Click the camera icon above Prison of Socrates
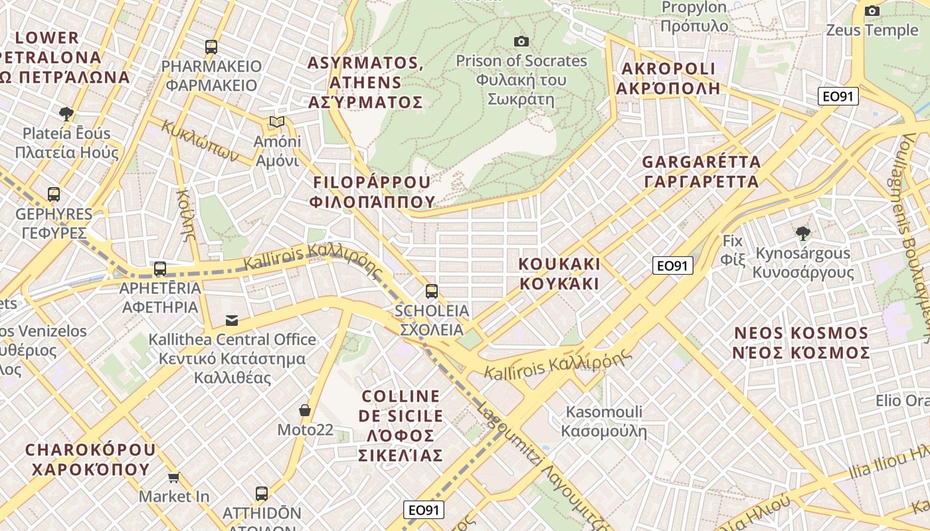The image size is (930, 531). click(521, 42)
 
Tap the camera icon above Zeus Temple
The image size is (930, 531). click(872, 11)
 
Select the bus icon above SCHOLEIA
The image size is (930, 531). click(432, 291)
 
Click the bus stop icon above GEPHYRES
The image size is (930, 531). click(54, 194)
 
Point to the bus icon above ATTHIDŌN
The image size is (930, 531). click(262, 494)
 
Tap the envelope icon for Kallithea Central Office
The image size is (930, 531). click(231, 321)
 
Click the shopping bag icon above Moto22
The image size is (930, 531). click(305, 410)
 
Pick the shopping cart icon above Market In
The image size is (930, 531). click(174, 477)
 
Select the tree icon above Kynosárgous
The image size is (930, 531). click(803, 233)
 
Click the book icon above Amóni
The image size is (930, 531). click(277, 122)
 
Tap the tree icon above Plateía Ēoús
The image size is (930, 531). click(66, 114)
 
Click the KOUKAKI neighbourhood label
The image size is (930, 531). click(559, 273)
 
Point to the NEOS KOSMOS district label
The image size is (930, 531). click(801, 342)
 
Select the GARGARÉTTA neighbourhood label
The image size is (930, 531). click(700, 171)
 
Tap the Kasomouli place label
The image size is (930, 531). click(604, 421)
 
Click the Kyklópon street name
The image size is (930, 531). click(200, 141)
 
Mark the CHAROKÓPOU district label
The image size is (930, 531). click(91, 459)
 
